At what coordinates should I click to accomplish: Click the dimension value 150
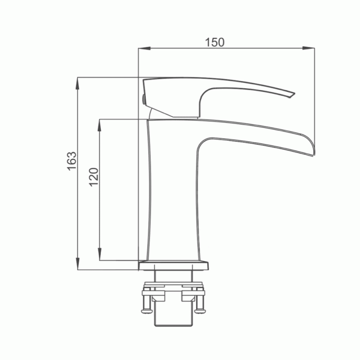(x=215, y=42)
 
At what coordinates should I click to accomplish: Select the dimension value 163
(x=72, y=161)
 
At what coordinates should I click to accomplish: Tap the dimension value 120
(x=94, y=177)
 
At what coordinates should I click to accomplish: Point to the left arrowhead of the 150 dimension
(x=144, y=48)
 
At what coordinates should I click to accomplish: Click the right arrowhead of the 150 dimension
(x=308, y=48)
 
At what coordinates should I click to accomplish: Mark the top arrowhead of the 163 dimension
(x=78, y=83)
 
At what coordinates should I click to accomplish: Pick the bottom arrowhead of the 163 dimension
(x=78, y=264)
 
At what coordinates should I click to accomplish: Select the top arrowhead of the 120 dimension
(x=99, y=125)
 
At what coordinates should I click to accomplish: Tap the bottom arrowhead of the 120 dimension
(x=99, y=254)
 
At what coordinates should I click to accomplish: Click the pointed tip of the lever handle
(x=295, y=94)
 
